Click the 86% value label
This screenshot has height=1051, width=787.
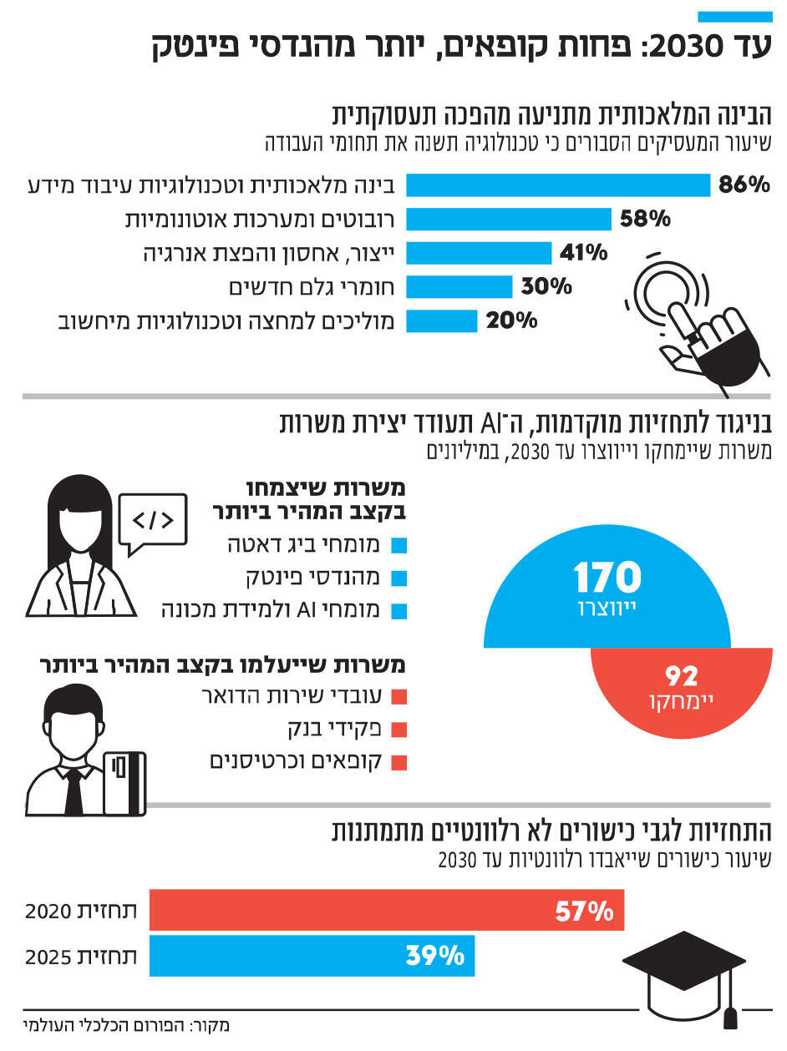coord(744,185)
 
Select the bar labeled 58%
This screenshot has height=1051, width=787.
coord(510,220)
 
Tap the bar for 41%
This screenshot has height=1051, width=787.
coord(479,253)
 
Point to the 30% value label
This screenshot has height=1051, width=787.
coord(546,287)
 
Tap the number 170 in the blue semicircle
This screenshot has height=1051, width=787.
coord(607,577)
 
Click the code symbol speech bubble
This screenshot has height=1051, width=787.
coord(153,522)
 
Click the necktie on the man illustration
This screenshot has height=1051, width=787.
coord(74,790)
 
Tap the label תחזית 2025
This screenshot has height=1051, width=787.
coord(81,956)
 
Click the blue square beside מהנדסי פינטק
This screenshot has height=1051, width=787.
coord(399,578)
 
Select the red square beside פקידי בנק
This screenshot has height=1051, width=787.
coord(399,729)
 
